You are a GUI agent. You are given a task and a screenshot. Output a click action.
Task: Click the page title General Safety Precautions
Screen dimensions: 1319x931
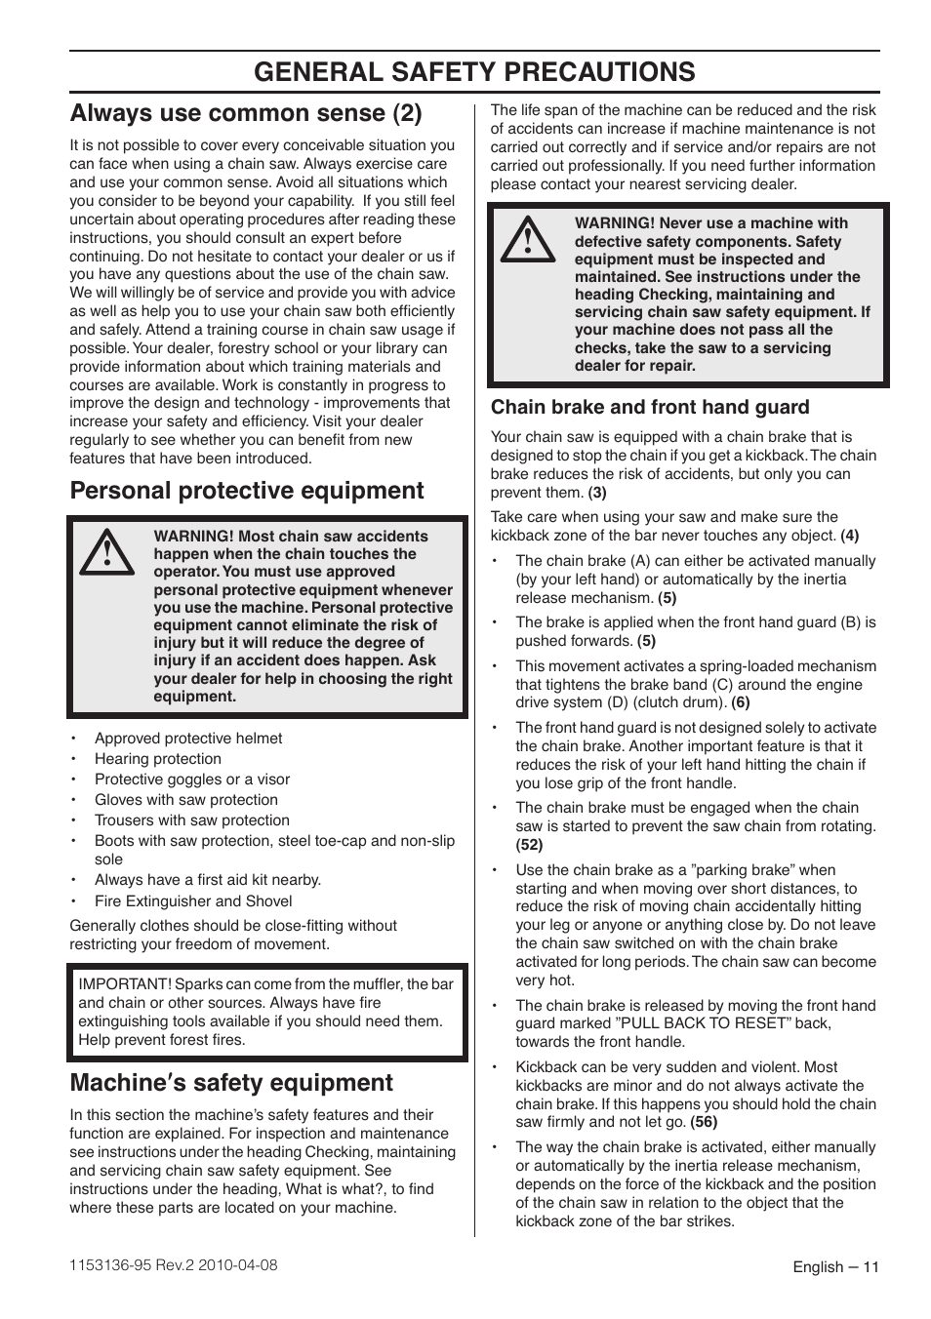474,71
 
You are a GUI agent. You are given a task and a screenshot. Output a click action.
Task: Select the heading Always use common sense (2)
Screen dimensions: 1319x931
246,113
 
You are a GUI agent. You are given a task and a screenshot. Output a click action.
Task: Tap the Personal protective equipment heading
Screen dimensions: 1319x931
247,490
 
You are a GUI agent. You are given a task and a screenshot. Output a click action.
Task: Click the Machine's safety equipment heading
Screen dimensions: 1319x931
231,1082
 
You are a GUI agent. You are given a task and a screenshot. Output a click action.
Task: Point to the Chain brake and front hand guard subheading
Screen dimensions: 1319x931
650,407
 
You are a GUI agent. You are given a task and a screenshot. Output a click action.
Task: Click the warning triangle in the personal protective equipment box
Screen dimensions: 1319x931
109,552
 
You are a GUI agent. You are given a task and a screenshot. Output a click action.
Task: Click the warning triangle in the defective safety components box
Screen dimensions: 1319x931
528,240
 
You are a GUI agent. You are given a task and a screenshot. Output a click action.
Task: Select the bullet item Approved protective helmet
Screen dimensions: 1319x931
188,739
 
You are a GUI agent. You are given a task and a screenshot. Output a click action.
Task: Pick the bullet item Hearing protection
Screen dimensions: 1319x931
158,759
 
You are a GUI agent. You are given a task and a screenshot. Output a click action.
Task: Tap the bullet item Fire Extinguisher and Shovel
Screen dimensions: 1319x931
193,901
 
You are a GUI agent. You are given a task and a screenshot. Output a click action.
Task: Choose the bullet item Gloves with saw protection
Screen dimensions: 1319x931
186,800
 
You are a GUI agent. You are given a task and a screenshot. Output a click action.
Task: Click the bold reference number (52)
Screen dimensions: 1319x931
529,845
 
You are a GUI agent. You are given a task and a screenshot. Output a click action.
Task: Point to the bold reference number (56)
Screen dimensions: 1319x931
704,1122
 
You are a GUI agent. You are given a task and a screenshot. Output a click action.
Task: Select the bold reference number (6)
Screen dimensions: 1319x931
741,702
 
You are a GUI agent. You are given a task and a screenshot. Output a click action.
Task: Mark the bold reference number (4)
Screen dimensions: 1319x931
850,536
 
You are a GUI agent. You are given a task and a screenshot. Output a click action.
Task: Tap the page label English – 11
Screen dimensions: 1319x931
835,1267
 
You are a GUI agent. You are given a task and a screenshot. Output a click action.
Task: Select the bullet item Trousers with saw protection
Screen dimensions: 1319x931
192,820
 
